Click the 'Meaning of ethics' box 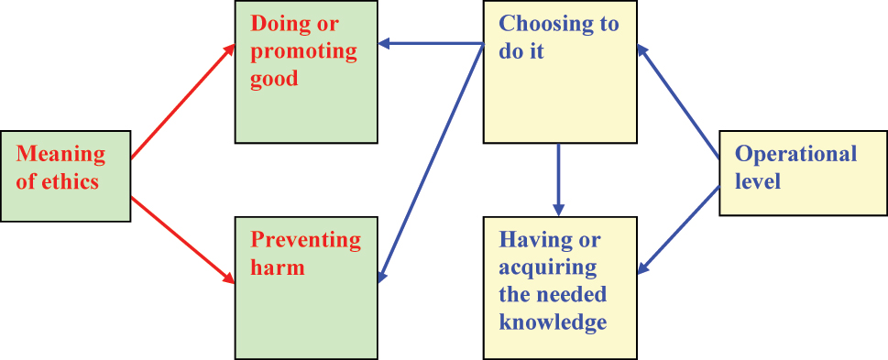pos(65,177)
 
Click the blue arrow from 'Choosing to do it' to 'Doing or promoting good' pos(431,42)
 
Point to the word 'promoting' pos(304,50)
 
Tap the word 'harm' pos(277,267)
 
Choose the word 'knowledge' pos(553,321)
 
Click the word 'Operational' pos(796,154)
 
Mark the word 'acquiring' pos(548,267)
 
